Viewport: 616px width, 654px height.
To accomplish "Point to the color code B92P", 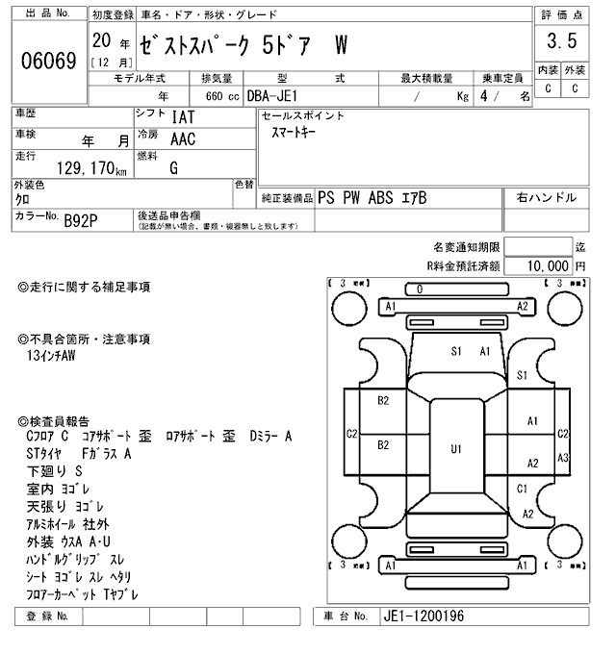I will pos(81,221).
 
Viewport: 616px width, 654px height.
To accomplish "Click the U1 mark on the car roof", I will pos(456,448).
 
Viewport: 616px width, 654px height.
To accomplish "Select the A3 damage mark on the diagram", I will pos(564,457).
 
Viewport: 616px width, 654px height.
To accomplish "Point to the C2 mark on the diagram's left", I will pos(352,434).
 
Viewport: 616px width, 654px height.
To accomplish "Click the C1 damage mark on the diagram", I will pos(523,489).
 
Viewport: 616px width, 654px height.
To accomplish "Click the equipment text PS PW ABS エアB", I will pos(372,198).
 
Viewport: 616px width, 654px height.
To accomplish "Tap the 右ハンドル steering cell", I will pos(546,197).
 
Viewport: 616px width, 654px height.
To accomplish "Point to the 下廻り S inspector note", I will pos(54,471).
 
